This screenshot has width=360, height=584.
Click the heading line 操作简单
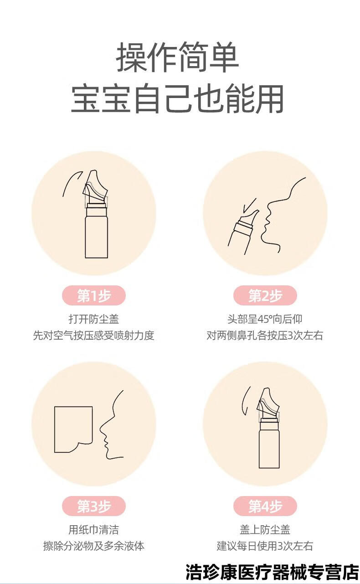pos(178,58)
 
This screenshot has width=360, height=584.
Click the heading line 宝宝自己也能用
pos(178,98)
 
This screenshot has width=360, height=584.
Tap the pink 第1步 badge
pos(93,296)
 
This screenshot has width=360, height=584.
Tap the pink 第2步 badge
pos(265,296)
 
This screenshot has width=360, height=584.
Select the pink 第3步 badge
pos(93,506)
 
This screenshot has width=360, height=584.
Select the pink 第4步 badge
pos(265,506)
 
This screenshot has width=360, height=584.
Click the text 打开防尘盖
pos(93,319)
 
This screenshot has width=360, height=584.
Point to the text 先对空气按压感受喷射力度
pos(93,336)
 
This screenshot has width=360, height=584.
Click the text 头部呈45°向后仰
pos(265,319)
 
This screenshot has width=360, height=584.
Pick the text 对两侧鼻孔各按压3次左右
pos(265,336)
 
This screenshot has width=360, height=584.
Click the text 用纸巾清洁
pos(93,529)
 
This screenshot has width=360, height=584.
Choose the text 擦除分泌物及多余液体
pos(93,546)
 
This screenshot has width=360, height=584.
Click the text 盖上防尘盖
pos(265,529)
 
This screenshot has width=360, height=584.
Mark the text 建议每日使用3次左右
pos(265,546)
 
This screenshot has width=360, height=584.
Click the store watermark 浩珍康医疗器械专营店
pos(272,571)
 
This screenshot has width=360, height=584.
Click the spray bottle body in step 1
pos(96,237)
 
